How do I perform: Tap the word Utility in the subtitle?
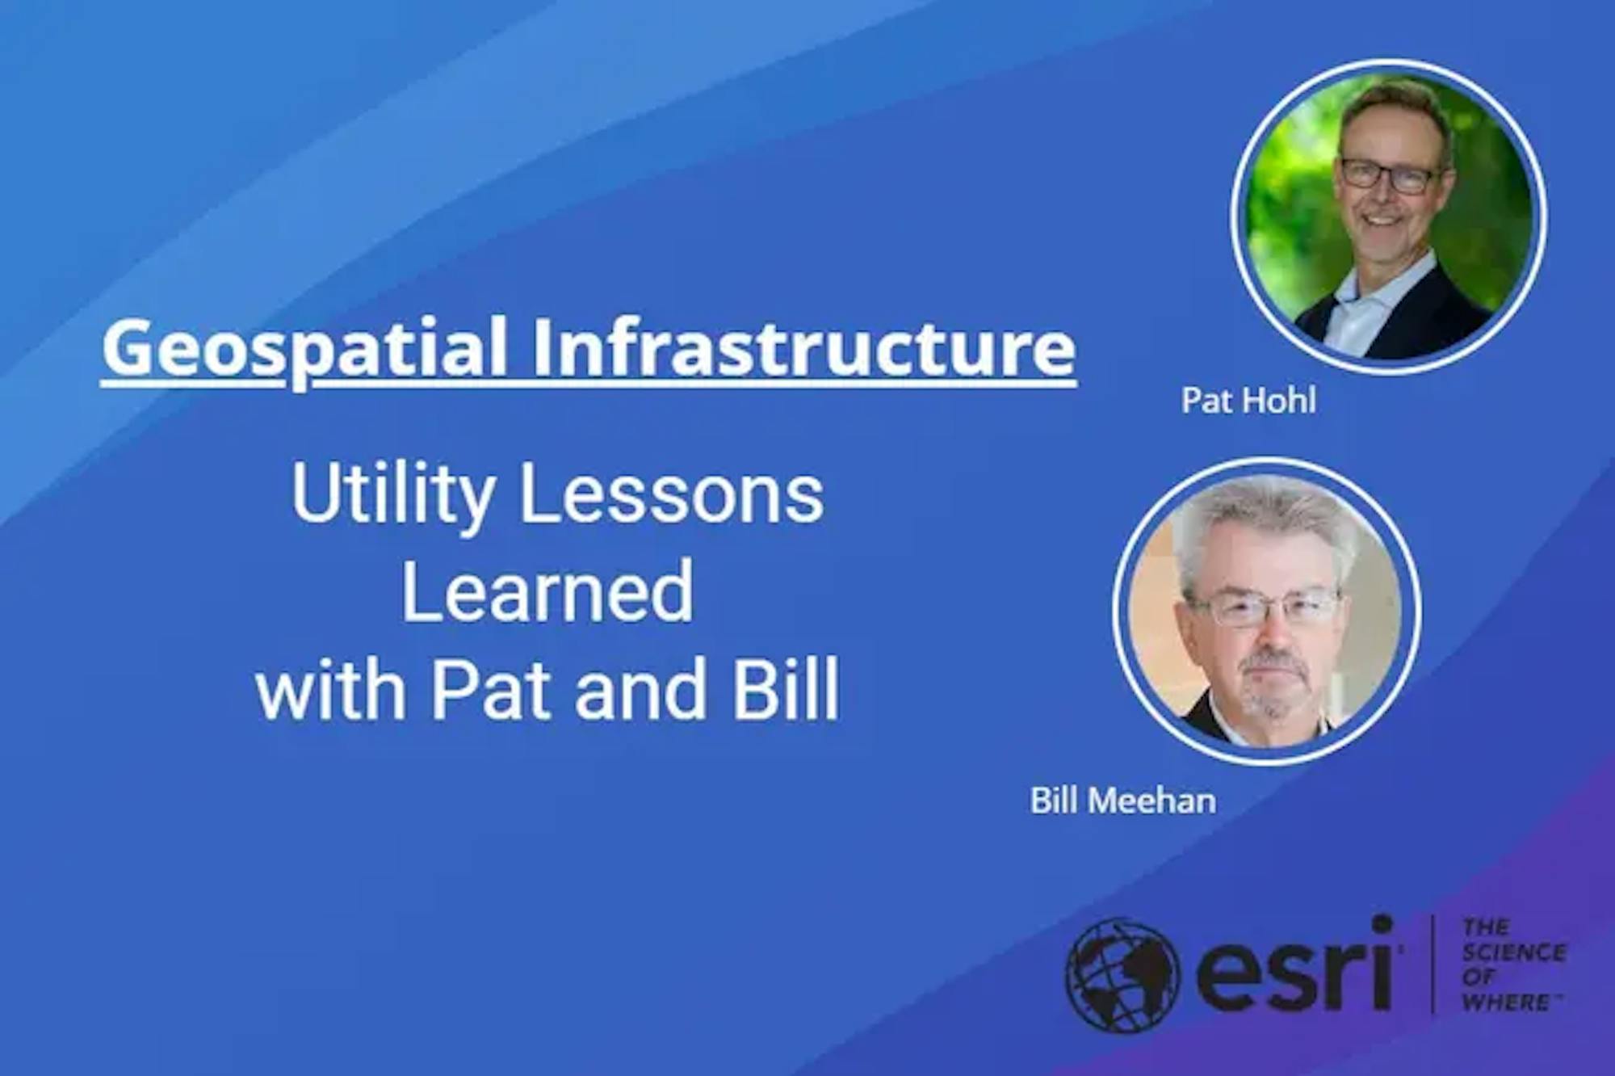pyautogui.click(x=393, y=494)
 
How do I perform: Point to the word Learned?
pyautogui.click(x=547, y=591)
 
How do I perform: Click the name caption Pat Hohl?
pyautogui.click(x=1248, y=400)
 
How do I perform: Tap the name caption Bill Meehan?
pyautogui.click(x=1122, y=801)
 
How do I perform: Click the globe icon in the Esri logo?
pyautogui.click(x=1122, y=974)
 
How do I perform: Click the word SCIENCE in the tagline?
pyautogui.click(x=1514, y=952)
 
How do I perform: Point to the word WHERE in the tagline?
pyautogui.click(x=1508, y=1002)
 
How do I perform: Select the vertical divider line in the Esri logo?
pyautogui.click(x=1433, y=964)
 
